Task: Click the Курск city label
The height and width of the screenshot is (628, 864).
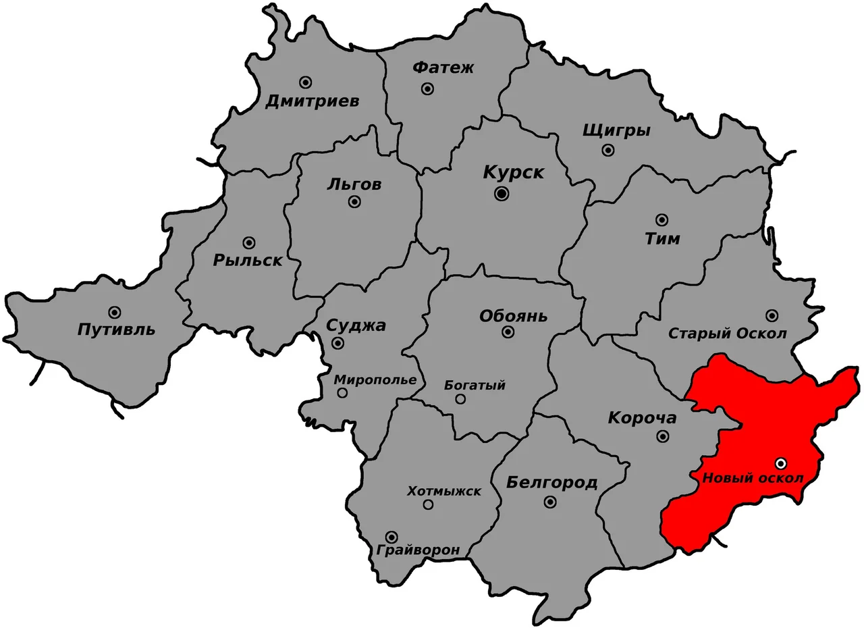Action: (x=514, y=172)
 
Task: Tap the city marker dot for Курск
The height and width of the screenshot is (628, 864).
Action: (x=502, y=194)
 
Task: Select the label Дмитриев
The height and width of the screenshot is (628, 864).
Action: (x=312, y=102)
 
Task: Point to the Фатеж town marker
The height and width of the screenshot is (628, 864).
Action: (x=427, y=88)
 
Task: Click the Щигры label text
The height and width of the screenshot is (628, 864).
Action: (x=616, y=131)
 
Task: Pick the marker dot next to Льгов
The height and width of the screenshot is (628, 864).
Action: (x=354, y=202)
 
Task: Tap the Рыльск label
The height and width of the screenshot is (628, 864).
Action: (x=247, y=260)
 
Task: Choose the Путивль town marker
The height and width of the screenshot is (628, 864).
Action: (x=115, y=312)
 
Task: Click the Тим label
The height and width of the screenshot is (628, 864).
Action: (x=662, y=239)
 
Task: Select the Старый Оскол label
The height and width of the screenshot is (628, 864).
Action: (x=728, y=334)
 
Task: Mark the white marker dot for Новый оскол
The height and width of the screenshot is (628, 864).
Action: (x=781, y=463)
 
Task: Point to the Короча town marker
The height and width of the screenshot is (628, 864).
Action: (x=664, y=436)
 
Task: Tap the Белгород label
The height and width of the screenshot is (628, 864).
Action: (x=551, y=482)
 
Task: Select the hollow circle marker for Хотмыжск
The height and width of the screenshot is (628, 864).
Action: (x=428, y=504)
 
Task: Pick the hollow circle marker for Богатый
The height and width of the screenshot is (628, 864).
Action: (x=460, y=399)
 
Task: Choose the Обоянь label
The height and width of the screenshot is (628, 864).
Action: (x=513, y=316)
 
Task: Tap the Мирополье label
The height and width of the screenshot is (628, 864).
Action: (x=375, y=380)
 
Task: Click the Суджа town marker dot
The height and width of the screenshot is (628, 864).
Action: (x=338, y=343)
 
